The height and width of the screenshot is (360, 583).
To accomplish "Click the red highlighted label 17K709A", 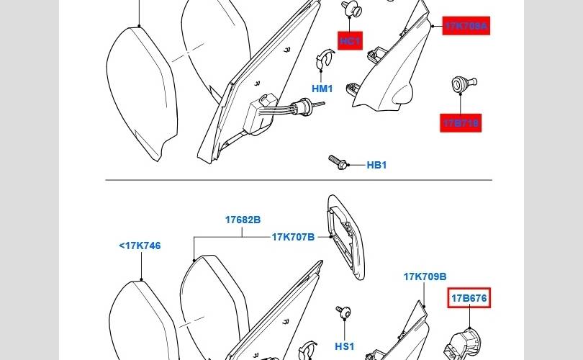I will click(x=466, y=27).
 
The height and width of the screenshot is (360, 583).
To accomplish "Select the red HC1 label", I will click(x=351, y=41).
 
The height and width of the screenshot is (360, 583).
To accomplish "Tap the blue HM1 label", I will click(x=322, y=89).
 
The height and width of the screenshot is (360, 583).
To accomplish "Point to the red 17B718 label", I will click(x=461, y=123).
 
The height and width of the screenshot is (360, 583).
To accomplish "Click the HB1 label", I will click(x=376, y=165).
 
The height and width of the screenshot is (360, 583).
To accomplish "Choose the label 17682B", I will click(x=243, y=220).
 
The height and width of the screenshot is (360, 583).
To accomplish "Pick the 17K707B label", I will click(x=293, y=236).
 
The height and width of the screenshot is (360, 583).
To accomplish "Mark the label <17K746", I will click(x=140, y=246).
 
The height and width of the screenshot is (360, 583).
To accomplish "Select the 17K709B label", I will click(x=425, y=276).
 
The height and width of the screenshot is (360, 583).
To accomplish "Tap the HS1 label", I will click(x=345, y=346).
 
